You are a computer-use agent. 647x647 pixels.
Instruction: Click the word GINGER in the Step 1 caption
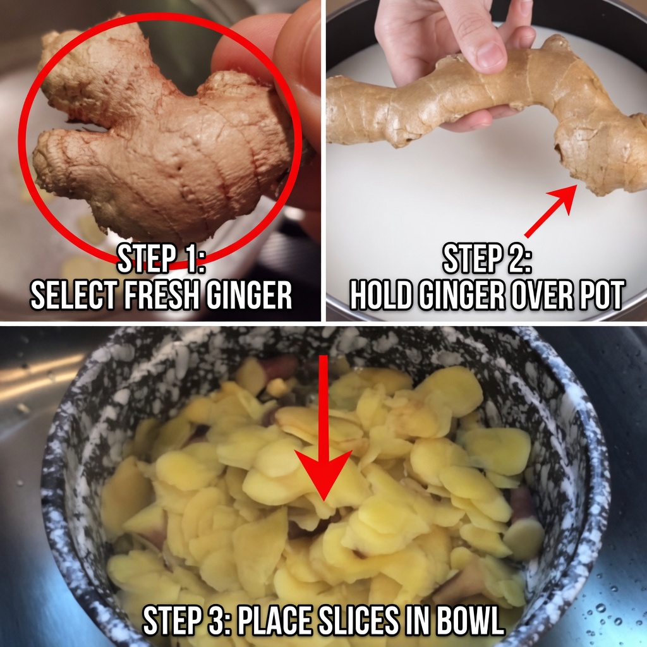(x=249, y=295)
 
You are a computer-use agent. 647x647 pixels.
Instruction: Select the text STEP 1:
(x=161, y=258)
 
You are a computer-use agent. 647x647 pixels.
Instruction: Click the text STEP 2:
(x=487, y=258)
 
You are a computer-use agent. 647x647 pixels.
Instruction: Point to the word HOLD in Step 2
(x=381, y=295)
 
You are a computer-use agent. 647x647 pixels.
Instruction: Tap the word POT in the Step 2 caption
(x=600, y=295)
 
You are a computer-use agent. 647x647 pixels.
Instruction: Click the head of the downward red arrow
(x=323, y=475)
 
